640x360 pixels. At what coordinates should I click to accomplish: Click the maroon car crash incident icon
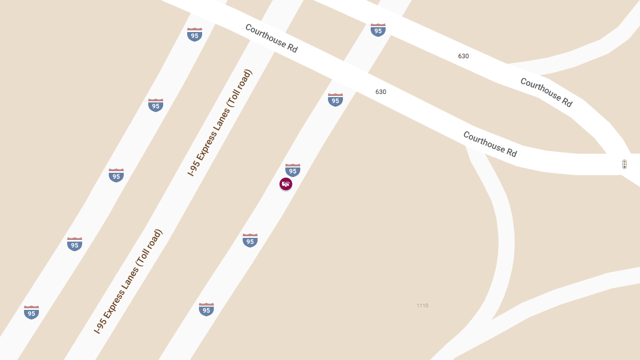[286, 184]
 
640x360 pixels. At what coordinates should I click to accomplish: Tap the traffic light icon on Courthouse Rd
[625, 164]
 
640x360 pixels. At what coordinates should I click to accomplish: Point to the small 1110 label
[422, 306]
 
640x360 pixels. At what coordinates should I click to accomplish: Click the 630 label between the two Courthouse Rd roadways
[463, 56]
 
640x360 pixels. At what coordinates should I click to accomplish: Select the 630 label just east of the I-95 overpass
[381, 92]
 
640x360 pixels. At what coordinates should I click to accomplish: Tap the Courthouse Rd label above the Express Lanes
[271, 38]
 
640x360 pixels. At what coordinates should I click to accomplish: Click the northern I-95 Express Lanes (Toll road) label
[220, 123]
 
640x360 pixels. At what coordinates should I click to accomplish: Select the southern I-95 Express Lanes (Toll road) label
[128, 282]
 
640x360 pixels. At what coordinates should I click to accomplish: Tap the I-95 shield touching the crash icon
[293, 170]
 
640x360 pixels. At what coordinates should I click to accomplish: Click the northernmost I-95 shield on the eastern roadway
[378, 30]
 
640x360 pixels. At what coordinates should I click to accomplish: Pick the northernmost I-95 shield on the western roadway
[195, 35]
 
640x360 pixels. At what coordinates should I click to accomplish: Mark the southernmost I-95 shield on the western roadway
[31, 313]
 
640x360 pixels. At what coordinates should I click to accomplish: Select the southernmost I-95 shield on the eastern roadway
[206, 309]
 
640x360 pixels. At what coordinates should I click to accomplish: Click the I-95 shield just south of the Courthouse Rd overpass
[335, 100]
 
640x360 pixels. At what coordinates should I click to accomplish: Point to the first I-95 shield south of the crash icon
[250, 241]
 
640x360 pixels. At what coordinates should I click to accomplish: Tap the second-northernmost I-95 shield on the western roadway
[156, 105]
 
